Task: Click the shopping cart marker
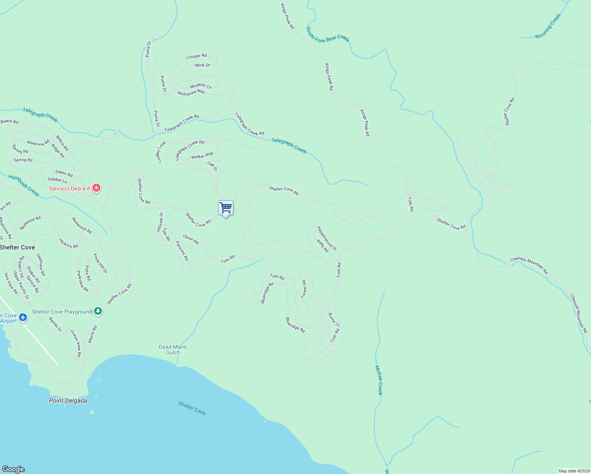pyautogui.click(x=226, y=208)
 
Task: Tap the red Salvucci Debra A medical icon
pyautogui.click(x=96, y=188)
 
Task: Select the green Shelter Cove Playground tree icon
pyautogui.click(x=98, y=311)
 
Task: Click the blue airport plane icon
pyautogui.click(x=23, y=317)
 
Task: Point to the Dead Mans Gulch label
pyautogui.click(x=173, y=350)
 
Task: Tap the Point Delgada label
pyautogui.click(x=68, y=401)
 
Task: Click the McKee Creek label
pyautogui.click(x=379, y=380)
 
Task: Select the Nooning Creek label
pyautogui.click(x=548, y=26)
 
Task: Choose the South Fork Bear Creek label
pyautogui.click(x=327, y=34)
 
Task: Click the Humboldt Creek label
pyautogui.click(x=24, y=186)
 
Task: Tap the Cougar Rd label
pyautogui.click(x=197, y=56)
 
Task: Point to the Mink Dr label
pyautogui.click(x=203, y=65)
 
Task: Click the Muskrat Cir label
pyautogui.click(x=201, y=86)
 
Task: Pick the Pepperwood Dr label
pyautogui.click(x=327, y=239)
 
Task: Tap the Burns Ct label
pyautogui.click(x=334, y=320)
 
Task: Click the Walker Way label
pyautogui.click(x=202, y=156)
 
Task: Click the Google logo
pyautogui.click(x=13, y=469)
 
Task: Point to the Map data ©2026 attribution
pyautogui.click(x=574, y=471)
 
